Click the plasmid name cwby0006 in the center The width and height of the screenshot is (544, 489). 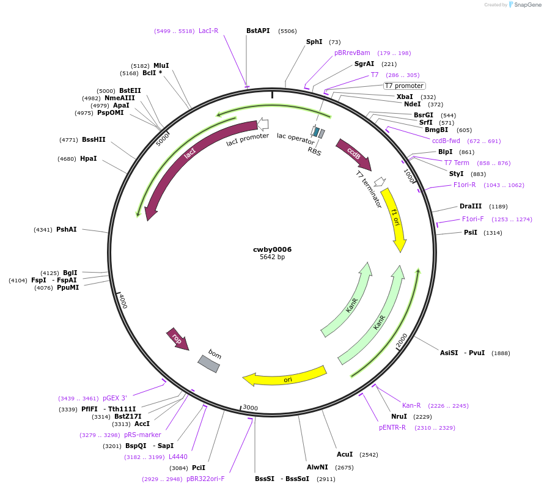272,249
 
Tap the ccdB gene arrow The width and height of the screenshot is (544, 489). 353,154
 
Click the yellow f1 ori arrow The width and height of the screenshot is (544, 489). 394,218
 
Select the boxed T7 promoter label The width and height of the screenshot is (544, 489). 404,86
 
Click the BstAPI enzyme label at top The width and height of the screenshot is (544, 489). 258,31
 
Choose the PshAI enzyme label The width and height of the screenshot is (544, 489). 67,230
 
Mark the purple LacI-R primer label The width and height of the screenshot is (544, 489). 208,31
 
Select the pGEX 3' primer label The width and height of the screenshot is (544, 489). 115,398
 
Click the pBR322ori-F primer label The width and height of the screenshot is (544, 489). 205,479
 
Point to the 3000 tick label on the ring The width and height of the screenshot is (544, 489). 251,408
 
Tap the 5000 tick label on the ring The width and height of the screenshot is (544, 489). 162,140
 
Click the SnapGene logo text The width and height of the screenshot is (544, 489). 529,5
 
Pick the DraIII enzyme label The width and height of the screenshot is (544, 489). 471,206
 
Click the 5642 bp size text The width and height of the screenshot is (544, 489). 272,257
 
